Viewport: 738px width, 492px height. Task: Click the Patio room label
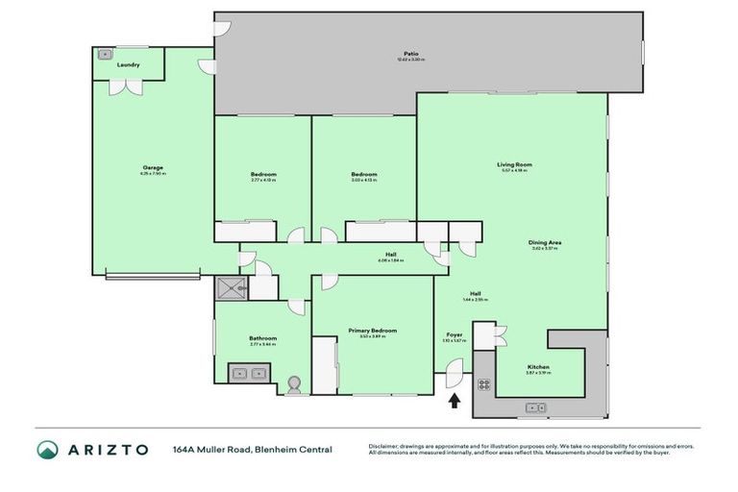(410, 54)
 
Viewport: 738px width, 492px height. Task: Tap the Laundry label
(128, 65)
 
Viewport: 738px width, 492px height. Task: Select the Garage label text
(152, 168)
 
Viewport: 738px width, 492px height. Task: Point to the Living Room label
(515, 164)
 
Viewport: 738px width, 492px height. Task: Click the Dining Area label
(545, 242)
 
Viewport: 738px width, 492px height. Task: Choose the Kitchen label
(537, 367)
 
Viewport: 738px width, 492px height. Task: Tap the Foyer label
(455, 334)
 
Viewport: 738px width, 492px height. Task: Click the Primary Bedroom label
(372, 330)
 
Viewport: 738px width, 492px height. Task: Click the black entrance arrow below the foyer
(455, 399)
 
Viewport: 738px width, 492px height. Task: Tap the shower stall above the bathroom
(232, 285)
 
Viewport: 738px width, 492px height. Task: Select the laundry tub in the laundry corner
(103, 54)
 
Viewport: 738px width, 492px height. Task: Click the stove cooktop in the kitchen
(484, 385)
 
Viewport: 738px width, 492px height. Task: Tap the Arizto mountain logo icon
(47, 449)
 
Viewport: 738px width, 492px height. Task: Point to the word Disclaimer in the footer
(383, 445)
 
